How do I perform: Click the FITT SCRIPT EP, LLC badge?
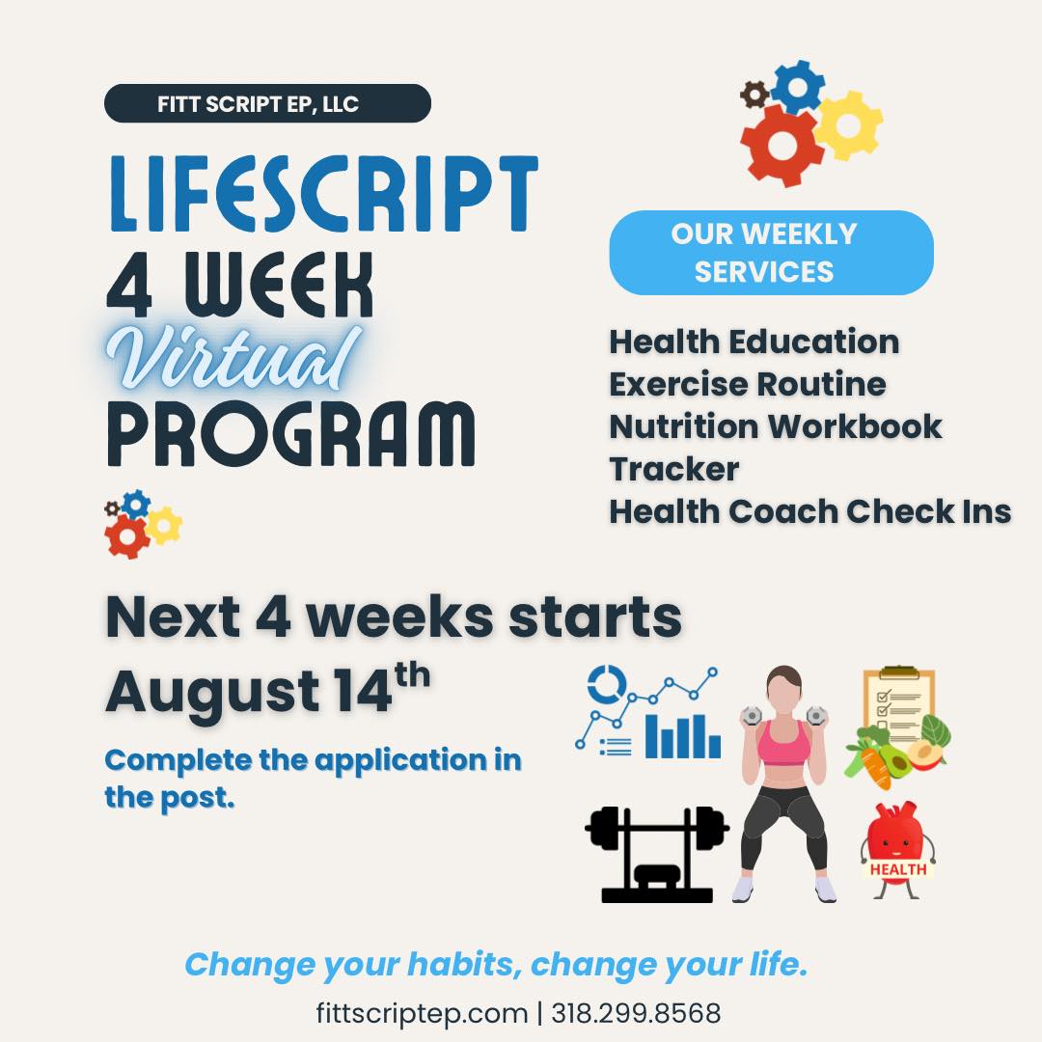[x=267, y=103]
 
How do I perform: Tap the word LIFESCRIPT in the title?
[x=323, y=193]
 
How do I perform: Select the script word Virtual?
[x=233, y=359]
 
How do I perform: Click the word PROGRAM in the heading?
[x=291, y=434]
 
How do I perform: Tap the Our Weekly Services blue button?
[x=771, y=253]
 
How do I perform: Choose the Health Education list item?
[x=754, y=343]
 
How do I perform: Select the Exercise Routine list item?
[x=748, y=384]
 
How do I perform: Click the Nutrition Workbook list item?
[x=776, y=426]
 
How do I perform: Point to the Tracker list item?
[x=673, y=469]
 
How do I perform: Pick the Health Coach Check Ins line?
[x=810, y=511]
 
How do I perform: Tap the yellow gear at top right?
[x=848, y=124]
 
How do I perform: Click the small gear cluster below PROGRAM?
[x=143, y=524]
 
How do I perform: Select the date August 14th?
[x=268, y=689]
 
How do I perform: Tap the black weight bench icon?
[x=657, y=855]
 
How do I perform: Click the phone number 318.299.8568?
[x=636, y=1013]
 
